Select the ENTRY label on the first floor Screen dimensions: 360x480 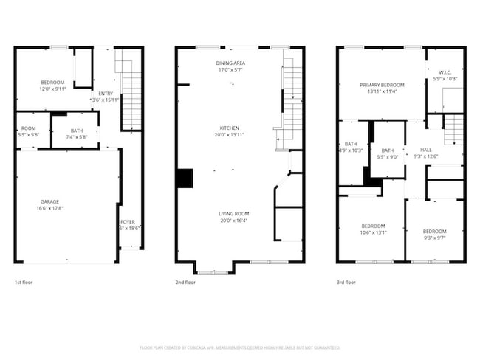(106, 94)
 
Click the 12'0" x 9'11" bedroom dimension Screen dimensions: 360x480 (52, 88)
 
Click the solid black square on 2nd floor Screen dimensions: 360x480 (184, 178)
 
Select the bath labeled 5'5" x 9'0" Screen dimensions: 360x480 (388, 153)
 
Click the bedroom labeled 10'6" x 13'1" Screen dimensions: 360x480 (373, 228)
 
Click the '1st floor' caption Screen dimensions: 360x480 (24, 282)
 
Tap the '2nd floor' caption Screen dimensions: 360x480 (185, 282)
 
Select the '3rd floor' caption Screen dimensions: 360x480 (346, 282)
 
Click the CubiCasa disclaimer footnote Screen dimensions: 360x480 (239, 347)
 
